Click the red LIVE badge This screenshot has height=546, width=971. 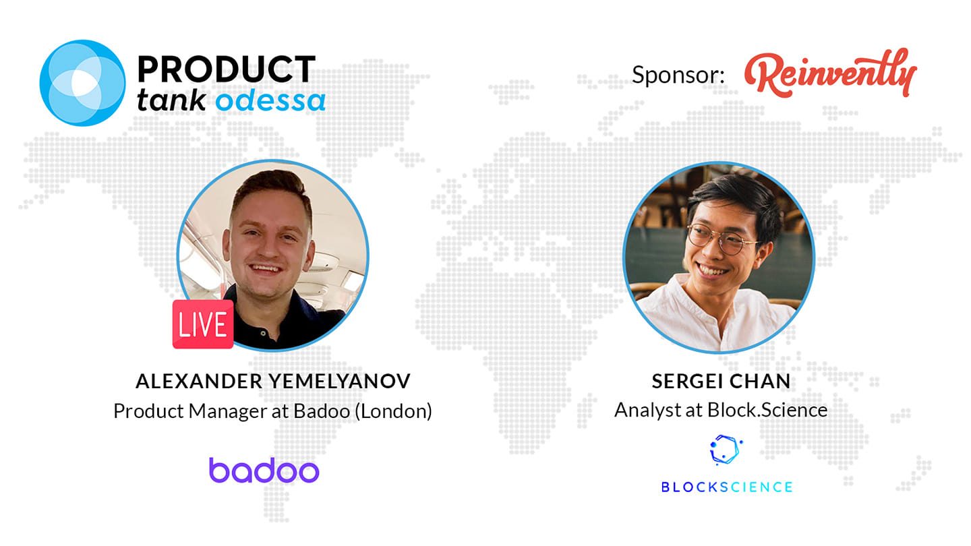(203, 324)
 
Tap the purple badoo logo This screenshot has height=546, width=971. (264, 471)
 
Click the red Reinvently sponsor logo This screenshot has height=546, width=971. (829, 73)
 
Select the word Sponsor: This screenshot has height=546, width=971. (678, 75)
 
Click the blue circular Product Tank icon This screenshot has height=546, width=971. (82, 83)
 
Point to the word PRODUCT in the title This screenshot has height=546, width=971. (227, 69)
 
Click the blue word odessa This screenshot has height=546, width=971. (270, 101)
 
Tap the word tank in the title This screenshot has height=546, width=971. (171, 100)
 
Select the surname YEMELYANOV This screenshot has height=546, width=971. (339, 382)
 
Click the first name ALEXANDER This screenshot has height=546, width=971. (199, 382)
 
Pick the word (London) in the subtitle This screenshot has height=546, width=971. (393, 411)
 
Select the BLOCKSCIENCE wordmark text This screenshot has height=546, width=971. (727, 487)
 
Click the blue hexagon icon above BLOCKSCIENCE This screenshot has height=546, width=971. (726, 450)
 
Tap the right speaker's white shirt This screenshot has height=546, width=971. (715, 316)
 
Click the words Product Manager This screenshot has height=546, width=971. (190, 411)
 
